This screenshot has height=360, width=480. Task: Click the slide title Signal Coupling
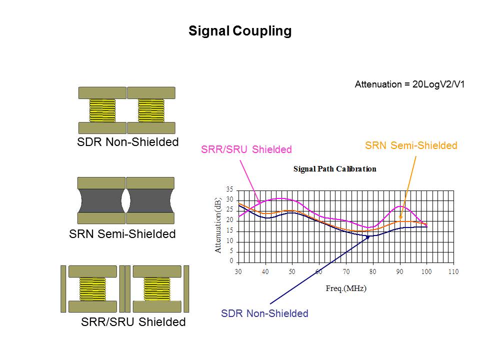point(239,31)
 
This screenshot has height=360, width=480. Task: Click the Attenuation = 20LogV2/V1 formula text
point(409,84)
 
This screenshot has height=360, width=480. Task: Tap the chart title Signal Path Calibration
point(334,169)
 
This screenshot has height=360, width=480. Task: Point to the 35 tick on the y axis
point(229,190)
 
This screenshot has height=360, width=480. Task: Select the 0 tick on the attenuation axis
point(231,261)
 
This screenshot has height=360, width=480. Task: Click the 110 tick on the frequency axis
point(453,271)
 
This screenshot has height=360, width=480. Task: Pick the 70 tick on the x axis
point(346,271)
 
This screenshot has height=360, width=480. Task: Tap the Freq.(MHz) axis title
point(346,288)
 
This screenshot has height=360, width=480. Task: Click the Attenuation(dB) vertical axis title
point(218,225)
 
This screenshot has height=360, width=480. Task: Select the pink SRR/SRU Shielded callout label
point(246,149)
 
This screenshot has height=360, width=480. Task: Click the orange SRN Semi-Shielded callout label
point(411,145)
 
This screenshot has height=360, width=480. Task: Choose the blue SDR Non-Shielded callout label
point(264,313)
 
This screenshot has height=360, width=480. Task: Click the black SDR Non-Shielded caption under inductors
point(127,142)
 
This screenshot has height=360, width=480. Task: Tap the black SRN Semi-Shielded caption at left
point(122,233)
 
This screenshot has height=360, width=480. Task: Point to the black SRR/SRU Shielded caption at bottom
point(133,322)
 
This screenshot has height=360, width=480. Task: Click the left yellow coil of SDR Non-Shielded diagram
point(102,110)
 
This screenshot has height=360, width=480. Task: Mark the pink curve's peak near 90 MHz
point(400,206)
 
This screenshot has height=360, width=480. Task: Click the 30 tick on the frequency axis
point(238,271)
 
